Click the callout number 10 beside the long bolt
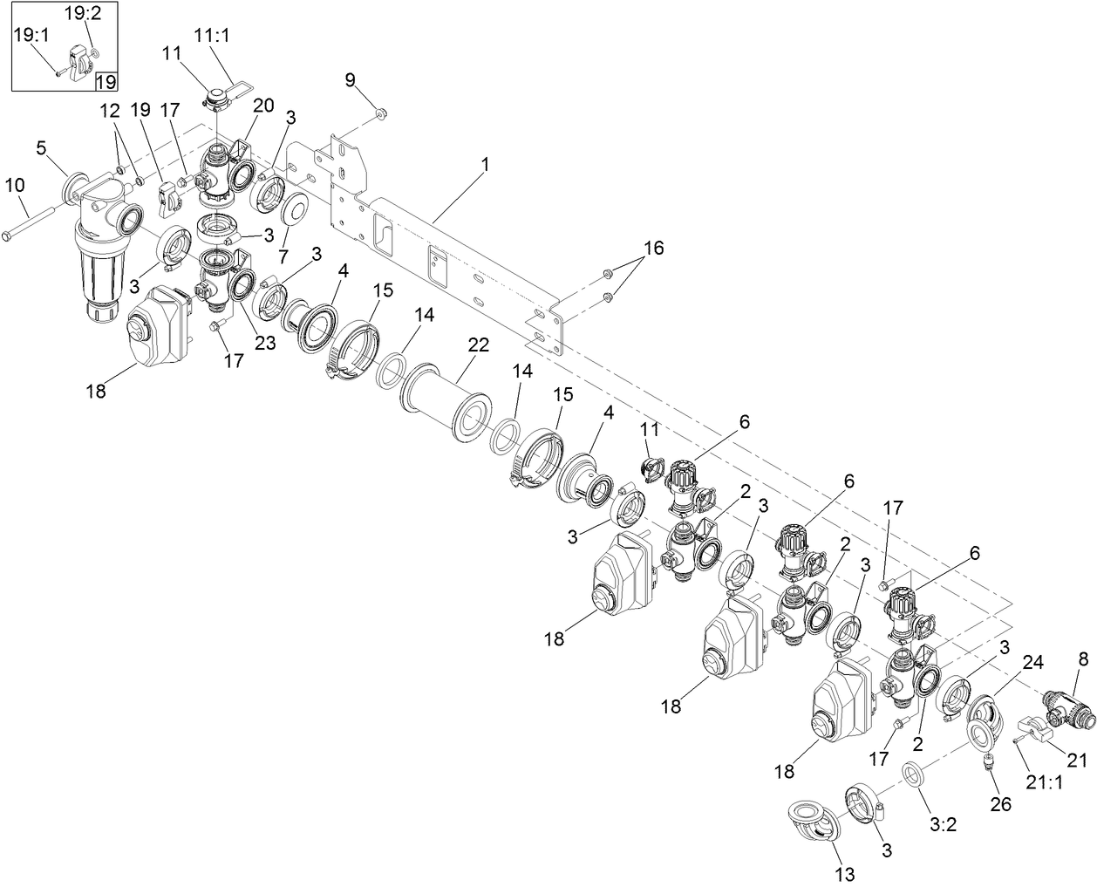tap(15, 184)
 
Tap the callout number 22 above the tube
tap(478, 345)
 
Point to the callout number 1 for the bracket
tap(486, 164)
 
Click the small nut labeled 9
tap(381, 113)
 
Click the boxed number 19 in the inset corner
tap(106, 82)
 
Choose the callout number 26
tap(1000, 803)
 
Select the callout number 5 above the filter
tap(41, 147)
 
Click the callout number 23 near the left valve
tap(265, 343)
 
